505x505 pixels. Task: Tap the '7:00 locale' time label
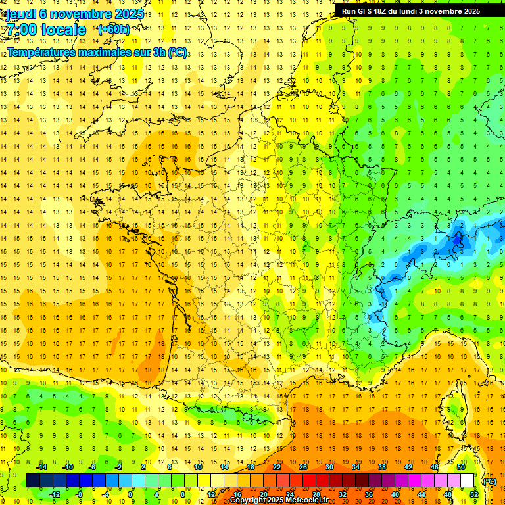[x=46, y=30]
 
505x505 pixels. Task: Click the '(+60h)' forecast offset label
[x=113, y=30]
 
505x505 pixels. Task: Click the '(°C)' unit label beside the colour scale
[x=489, y=481]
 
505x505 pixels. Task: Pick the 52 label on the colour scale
[x=474, y=494]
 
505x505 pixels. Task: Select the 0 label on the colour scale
[x=131, y=494]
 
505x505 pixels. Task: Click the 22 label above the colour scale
[x=277, y=467]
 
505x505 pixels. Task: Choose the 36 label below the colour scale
[x=369, y=494]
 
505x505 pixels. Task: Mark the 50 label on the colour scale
[x=461, y=467]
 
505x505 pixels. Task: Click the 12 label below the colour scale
[x=211, y=494]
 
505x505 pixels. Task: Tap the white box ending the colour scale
[x=468, y=481]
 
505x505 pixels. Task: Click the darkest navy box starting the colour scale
[x=33, y=481]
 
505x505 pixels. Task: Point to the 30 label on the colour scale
[x=329, y=467]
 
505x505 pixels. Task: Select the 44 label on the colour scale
[x=421, y=494]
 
